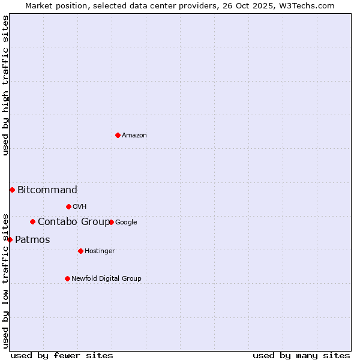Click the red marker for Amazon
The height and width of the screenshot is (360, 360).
pyautogui.click(x=118, y=135)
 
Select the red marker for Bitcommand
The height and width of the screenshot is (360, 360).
pyautogui.click(x=12, y=190)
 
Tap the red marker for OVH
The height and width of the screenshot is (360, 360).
pyautogui.click(x=68, y=206)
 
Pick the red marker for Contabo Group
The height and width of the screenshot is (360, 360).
pyautogui.click(x=32, y=221)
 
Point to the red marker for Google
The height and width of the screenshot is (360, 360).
pyautogui.click(x=111, y=222)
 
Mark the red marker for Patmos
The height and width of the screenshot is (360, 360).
pyautogui.click(x=10, y=239)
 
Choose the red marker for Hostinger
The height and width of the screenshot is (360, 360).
pyautogui.click(x=80, y=251)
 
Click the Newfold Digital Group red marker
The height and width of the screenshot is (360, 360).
pyautogui.click(x=67, y=278)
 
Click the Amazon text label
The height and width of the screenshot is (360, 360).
pyautogui.click(x=134, y=136)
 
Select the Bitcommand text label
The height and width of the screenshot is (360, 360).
pyautogui.click(x=47, y=190)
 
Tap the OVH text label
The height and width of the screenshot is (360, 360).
pyautogui.click(x=80, y=207)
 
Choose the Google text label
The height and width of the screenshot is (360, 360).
pyautogui.click(x=126, y=223)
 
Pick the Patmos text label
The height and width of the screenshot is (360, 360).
pyautogui.click(x=32, y=240)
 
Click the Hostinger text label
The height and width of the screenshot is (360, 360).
pyautogui.click(x=100, y=251)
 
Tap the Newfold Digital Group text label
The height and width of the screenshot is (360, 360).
pyautogui.click(x=106, y=279)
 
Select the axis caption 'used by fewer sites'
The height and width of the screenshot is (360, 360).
pyautogui.click(x=62, y=355)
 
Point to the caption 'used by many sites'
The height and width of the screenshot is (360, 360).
pyautogui.click(x=301, y=355)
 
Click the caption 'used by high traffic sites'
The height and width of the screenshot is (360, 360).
pyautogui.click(x=5, y=85)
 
